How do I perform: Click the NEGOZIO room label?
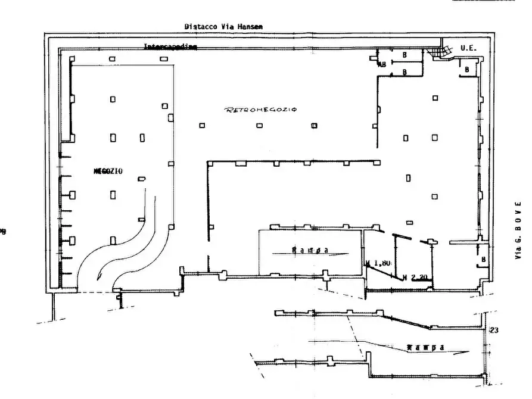tap(107, 172)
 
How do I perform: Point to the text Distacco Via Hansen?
tap(223, 26)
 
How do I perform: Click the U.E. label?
tap(468, 48)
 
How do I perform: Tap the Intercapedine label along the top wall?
tap(170, 46)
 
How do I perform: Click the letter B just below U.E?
tap(467, 70)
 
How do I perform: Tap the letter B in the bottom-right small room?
tap(483, 260)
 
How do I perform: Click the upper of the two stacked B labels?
tap(405, 55)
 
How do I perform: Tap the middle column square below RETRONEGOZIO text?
tap(259, 126)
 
